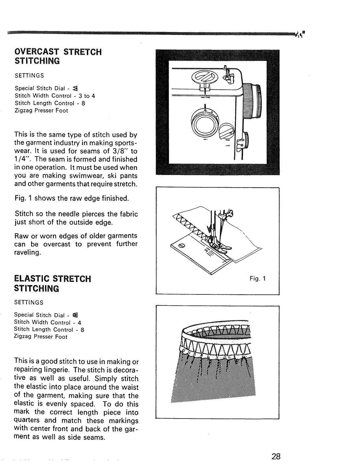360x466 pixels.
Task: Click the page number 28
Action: pyautogui.click(x=276, y=456)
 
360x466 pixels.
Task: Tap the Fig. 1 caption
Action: pyautogui.click(x=257, y=278)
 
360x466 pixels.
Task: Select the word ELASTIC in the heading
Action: pyautogui.click(x=32, y=279)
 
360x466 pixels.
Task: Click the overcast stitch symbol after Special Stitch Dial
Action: pyautogui.click(x=75, y=88)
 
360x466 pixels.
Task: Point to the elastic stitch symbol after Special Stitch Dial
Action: pyautogui.click(x=75, y=315)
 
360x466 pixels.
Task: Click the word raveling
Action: pyautogui.click(x=27, y=252)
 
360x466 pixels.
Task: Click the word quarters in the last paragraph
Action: pyautogui.click(x=27, y=420)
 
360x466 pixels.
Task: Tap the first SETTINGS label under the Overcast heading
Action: pyautogui.click(x=29, y=75)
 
